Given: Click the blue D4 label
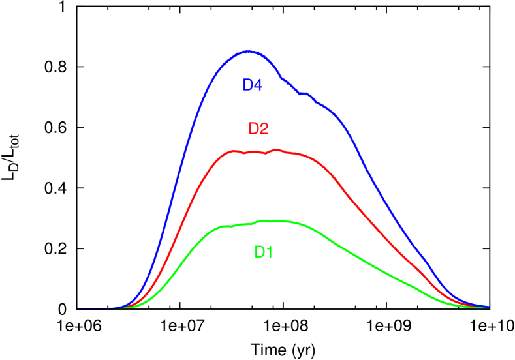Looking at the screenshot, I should [252, 85].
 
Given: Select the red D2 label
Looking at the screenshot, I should [258, 128].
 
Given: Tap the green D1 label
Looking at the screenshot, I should [263, 252].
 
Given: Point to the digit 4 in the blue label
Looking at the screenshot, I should [257, 85].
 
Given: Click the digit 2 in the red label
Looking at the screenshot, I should [264, 128].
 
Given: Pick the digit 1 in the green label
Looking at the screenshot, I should [269, 252].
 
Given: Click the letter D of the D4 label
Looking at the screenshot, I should [247, 85].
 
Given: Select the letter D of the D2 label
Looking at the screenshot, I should [253, 128].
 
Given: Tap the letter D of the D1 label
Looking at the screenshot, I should [258, 252].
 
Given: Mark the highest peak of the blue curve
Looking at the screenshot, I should [249, 51].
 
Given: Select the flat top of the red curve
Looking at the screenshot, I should [261, 152].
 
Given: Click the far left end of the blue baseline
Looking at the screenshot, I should [78, 308].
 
